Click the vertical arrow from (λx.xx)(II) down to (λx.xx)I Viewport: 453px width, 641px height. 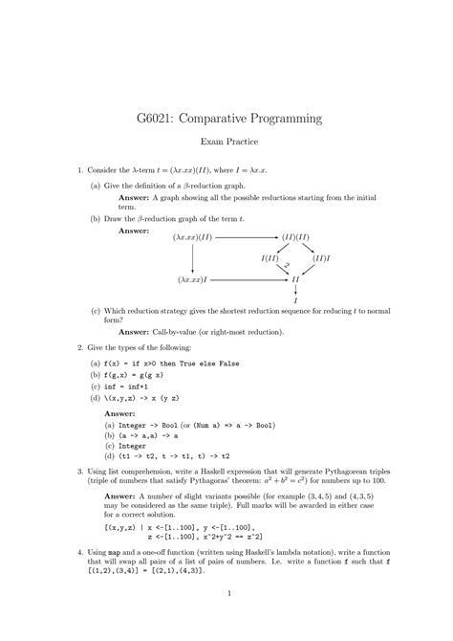193,257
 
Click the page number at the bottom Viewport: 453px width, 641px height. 226,618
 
